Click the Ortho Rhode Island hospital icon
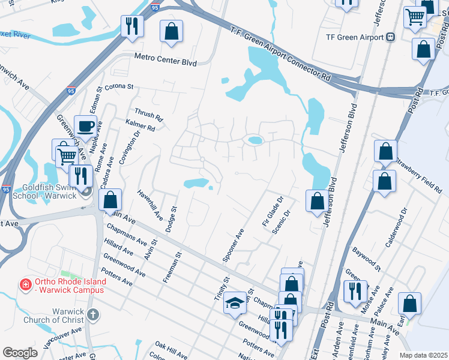[26, 283]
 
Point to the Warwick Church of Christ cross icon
[92, 314]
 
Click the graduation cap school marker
[235, 304]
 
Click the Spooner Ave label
[233, 245]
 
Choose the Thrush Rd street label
[148, 114]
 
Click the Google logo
[20, 352]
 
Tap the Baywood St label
[366, 257]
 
